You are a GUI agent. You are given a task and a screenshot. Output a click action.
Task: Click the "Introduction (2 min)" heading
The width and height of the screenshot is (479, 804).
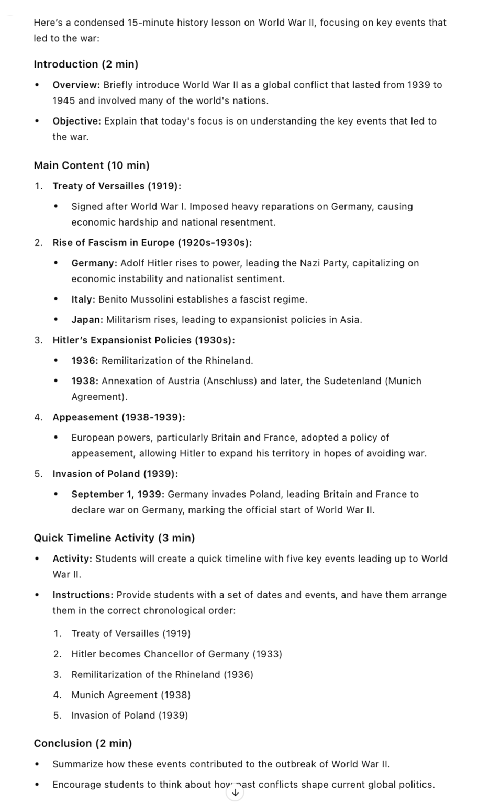86,64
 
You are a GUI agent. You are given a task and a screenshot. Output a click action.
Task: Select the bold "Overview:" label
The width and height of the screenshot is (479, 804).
76,85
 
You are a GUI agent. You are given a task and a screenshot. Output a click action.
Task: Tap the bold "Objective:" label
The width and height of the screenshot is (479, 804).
76,121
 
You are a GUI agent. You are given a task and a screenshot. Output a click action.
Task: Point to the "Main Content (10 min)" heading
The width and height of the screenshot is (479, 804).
92,165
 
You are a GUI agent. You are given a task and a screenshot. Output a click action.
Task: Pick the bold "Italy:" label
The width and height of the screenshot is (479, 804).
83,299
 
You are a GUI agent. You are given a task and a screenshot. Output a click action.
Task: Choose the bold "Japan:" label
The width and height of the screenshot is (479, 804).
87,319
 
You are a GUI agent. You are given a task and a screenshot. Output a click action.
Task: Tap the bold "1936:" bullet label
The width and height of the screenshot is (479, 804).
85,360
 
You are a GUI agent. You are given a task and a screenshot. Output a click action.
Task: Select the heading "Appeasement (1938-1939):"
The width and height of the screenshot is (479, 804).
119,417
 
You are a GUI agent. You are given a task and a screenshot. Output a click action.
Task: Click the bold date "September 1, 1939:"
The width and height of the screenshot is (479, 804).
118,494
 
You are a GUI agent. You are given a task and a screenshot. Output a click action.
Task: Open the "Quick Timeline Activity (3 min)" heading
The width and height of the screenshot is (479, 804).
114,538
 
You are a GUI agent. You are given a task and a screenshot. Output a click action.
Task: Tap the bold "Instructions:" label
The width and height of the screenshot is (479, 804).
83,595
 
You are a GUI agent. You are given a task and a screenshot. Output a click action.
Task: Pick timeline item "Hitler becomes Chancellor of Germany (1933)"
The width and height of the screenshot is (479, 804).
176,654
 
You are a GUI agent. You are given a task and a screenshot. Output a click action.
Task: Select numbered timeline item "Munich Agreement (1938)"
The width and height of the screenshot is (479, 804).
131,695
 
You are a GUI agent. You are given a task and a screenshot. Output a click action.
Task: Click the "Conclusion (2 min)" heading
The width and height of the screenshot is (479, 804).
83,743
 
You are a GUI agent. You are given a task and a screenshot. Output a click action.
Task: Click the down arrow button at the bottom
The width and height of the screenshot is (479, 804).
236,793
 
